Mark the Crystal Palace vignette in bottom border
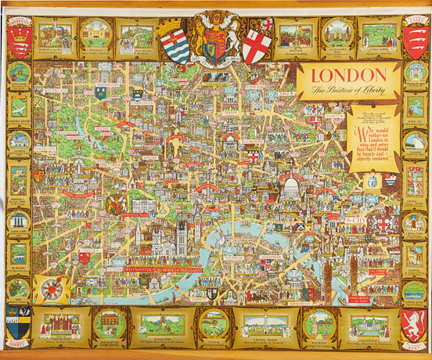coord(261,324)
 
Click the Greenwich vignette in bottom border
coord(368,324)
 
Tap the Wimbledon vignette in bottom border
coord(160,324)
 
